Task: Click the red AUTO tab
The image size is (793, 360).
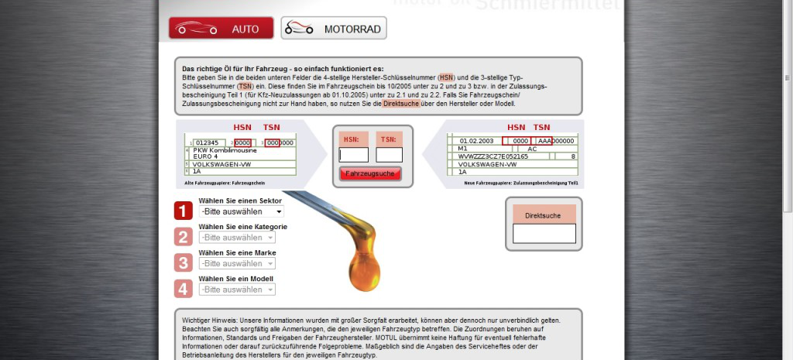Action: (221, 29)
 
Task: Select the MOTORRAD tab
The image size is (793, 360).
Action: (333, 29)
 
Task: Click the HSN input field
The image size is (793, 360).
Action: (353, 155)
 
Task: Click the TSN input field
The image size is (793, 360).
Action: (390, 155)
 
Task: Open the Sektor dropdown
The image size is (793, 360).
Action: (242, 211)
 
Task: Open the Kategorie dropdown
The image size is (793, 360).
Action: (242, 238)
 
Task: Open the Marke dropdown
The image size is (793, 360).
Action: (242, 263)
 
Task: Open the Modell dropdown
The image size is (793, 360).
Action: (242, 290)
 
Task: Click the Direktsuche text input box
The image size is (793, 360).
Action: (544, 233)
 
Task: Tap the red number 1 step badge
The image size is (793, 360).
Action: (183, 211)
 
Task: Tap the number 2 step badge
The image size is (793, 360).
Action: (183, 237)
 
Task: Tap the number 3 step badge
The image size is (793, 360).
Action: (183, 263)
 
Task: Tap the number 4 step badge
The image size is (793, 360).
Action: (183, 290)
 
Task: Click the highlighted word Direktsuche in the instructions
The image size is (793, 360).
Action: (400, 103)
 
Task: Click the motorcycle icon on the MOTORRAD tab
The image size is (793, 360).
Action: (300, 29)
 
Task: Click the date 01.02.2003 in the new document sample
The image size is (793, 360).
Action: (476, 141)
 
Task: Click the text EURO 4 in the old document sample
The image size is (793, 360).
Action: (205, 156)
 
